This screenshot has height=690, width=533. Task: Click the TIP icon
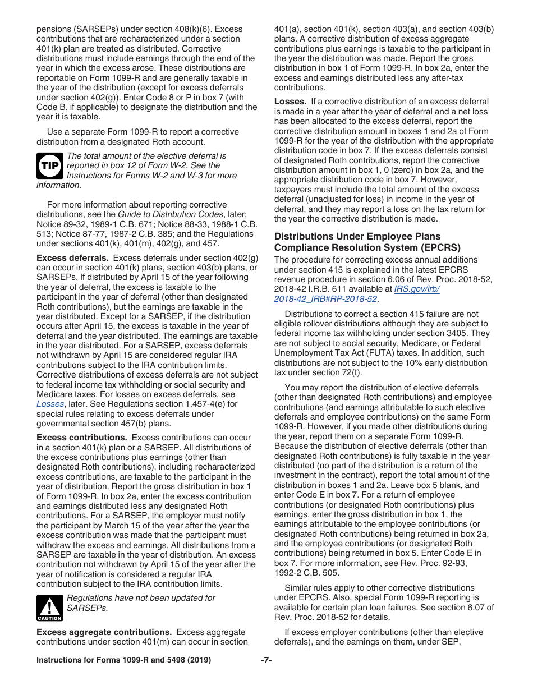(49, 166)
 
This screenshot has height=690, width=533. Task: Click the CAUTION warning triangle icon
(49, 608)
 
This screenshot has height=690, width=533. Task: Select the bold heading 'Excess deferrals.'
(72, 258)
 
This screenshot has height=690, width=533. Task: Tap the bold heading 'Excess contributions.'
(81, 438)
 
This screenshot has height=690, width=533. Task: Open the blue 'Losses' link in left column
(50, 404)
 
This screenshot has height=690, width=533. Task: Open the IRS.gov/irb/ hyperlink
(417, 289)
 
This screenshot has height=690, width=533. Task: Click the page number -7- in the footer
(266, 660)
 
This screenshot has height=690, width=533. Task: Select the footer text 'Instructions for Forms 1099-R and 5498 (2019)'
(123, 660)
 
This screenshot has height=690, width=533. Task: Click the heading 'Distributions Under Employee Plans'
(357, 236)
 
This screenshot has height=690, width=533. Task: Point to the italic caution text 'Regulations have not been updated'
(140, 598)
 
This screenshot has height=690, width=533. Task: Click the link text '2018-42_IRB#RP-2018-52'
(325, 299)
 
